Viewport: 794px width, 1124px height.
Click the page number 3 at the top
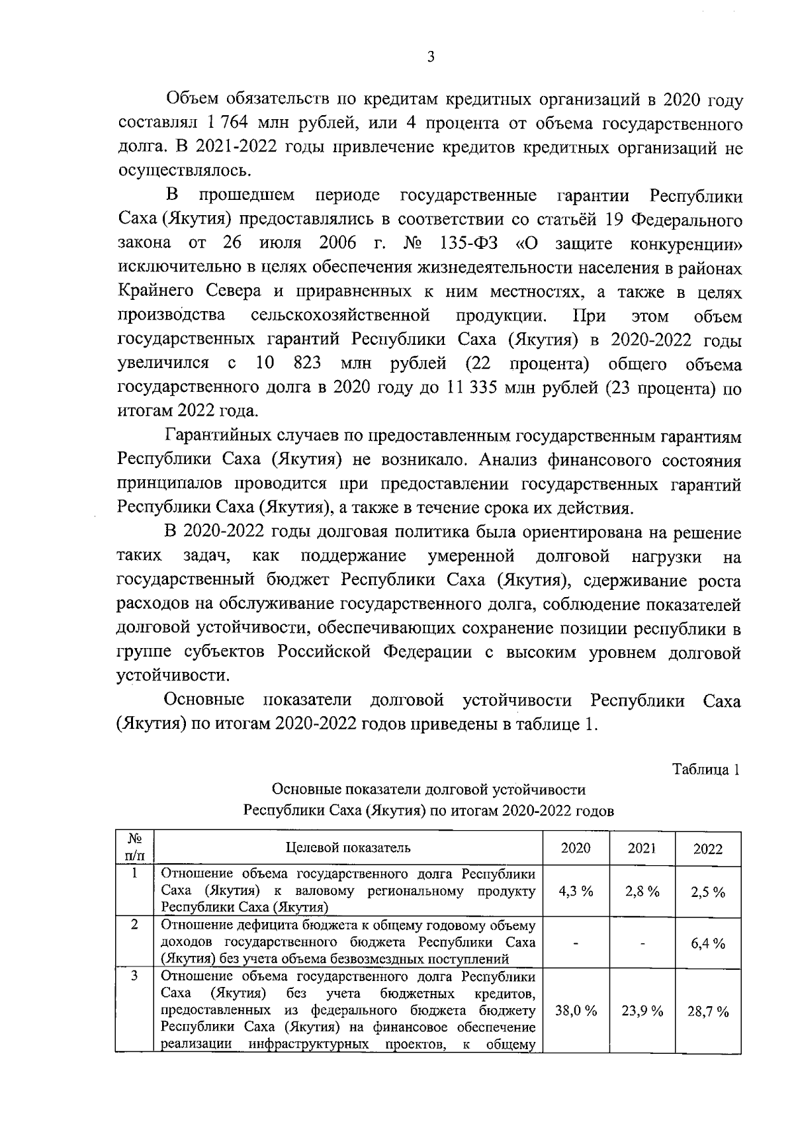click(x=430, y=58)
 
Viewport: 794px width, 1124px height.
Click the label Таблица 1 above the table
click(x=706, y=769)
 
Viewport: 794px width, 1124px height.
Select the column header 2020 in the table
click(x=576, y=848)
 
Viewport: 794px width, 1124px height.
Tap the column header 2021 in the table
click(x=642, y=848)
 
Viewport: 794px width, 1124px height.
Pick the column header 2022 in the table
click(x=707, y=849)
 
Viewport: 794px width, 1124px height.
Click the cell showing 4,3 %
click(x=576, y=891)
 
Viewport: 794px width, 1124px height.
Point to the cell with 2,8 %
click(x=642, y=891)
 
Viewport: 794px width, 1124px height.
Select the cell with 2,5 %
click(x=707, y=892)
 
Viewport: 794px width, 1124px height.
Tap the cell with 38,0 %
click(x=576, y=1011)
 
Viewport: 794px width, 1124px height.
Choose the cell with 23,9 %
click(x=642, y=1011)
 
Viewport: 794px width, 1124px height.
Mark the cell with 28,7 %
click(x=707, y=1011)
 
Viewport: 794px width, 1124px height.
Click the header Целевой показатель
click(x=348, y=848)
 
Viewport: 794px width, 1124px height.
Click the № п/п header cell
click(x=134, y=848)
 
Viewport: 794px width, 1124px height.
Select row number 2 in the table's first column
click(x=134, y=925)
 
